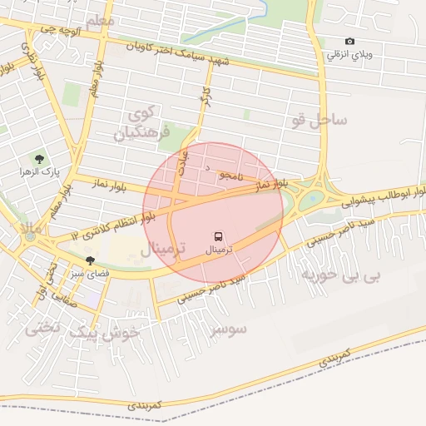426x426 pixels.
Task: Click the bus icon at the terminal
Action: (x=218, y=236)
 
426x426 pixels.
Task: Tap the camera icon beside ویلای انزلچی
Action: (x=349, y=42)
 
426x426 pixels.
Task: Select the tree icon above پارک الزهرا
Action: (x=38, y=158)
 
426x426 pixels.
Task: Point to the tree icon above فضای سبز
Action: (x=90, y=260)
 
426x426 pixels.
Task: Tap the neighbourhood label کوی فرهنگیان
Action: (x=146, y=121)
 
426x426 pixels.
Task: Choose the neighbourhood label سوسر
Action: (x=229, y=329)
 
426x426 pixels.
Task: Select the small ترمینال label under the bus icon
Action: (x=219, y=250)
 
